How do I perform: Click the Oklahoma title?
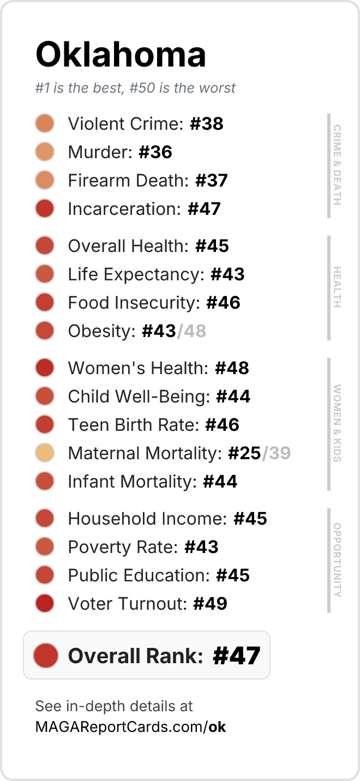pos(121,55)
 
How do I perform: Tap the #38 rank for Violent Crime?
pos(207,124)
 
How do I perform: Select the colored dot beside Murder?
pos(45,152)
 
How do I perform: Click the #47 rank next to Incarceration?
pos(204,209)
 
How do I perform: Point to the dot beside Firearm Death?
pos(45,181)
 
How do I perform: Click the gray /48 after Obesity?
pos(191,331)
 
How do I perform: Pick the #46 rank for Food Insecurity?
pos(223,303)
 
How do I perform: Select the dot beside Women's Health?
pos(45,368)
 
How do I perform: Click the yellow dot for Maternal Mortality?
pos(45,453)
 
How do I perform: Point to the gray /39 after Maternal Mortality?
pos(277,453)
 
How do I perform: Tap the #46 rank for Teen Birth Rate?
pos(223,425)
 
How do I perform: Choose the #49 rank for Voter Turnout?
pos(211,604)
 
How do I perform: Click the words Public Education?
pos(139,575)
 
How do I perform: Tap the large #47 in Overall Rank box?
pos(237,656)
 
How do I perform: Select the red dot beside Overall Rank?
pos(46,656)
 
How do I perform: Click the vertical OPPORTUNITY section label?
pos(337,560)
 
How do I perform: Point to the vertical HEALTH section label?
pos(337,287)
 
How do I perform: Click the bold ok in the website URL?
pos(217,727)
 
